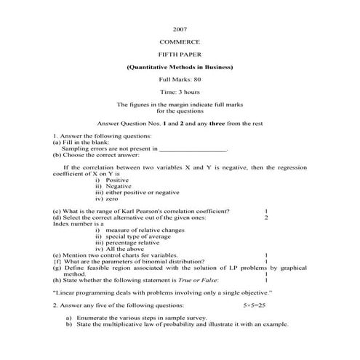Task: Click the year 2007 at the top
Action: [180, 29]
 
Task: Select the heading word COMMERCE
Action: [180, 42]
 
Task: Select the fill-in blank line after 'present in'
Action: [192, 148]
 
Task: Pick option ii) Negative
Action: [118, 186]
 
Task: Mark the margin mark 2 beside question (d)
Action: [267, 217]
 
